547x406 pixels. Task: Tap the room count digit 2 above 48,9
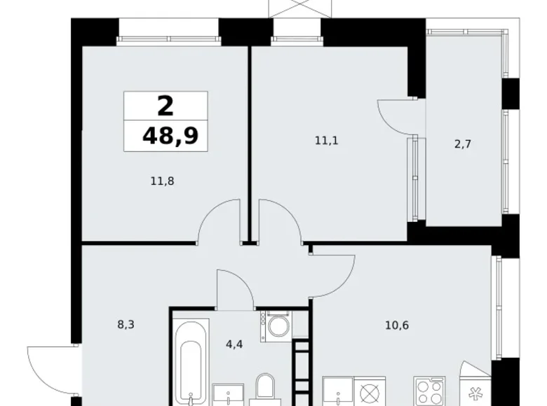(166, 106)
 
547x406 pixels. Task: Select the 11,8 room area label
(161, 181)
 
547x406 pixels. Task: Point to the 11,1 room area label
(327, 141)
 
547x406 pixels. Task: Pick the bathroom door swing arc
(235, 287)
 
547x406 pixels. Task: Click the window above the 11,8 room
(168, 31)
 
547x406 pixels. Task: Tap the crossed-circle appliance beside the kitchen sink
(369, 391)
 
